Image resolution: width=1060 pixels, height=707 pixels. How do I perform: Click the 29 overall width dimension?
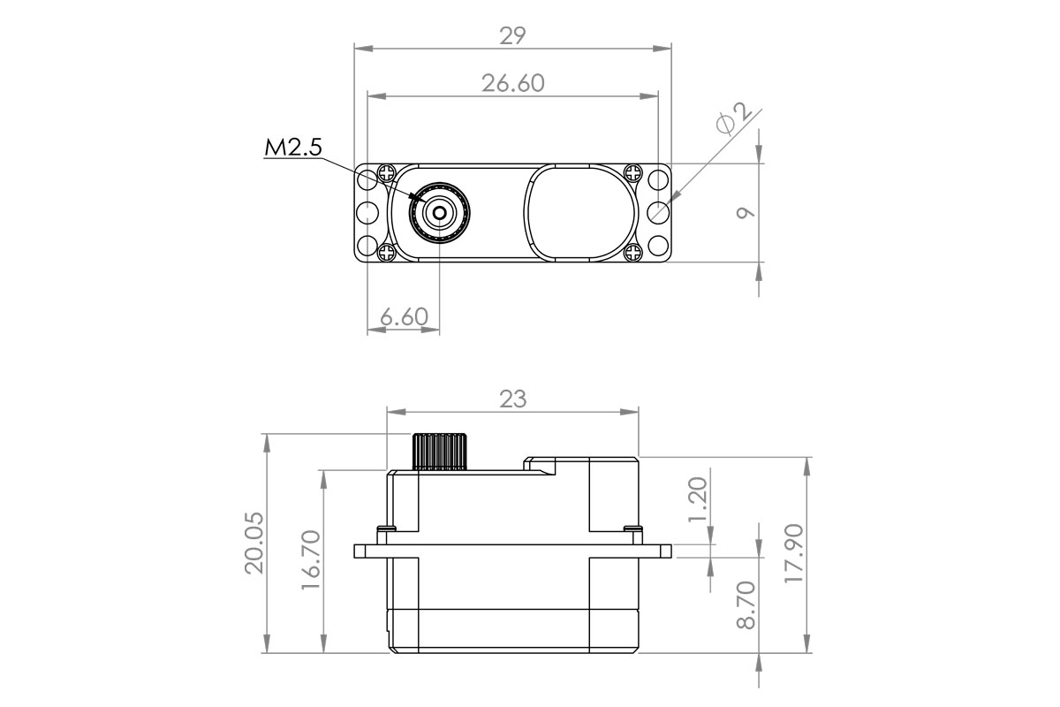point(512,35)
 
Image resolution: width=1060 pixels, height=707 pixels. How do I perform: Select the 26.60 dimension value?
point(512,83)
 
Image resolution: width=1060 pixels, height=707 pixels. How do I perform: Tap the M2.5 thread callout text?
point(292,148)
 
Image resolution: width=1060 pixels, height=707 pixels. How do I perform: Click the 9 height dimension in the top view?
point(745,213)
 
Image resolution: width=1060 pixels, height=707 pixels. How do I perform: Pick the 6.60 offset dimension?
point(404,316)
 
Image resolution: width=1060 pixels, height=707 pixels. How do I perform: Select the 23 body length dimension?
point(512,399)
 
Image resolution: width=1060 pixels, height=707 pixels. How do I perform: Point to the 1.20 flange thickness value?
point(698,499)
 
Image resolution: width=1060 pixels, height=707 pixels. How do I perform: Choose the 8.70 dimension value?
point(746,605)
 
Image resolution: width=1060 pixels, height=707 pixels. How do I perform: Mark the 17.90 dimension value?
point(795,554)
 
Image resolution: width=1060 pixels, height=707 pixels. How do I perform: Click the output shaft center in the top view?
point(439,212)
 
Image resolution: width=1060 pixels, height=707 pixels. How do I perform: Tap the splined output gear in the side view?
point(440,451)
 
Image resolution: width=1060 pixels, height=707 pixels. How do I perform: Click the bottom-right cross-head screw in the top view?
point(632,254)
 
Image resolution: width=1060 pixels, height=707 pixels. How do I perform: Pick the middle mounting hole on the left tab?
point(365,213)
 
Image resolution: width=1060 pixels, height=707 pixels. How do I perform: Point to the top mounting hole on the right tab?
point(658,180)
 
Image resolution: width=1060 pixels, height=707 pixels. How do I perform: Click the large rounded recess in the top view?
point(581,213)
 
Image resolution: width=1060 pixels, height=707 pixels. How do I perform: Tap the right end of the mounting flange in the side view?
point(666,551)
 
